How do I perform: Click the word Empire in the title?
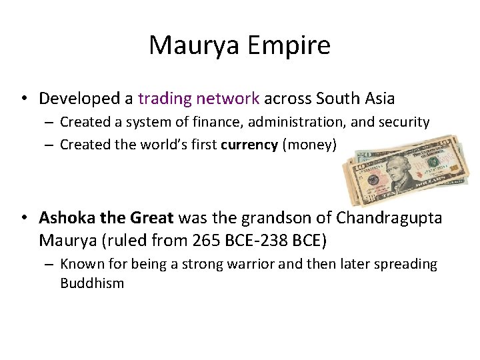click(x=289, y=46)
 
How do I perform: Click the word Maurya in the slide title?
click(x=195, y=46)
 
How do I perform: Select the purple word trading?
click(x=164, y=99)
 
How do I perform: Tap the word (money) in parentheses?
click(x=310, y=144)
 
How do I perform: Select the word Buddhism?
click(x=92, y=283)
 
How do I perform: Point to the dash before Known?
click(x=49, y=265)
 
